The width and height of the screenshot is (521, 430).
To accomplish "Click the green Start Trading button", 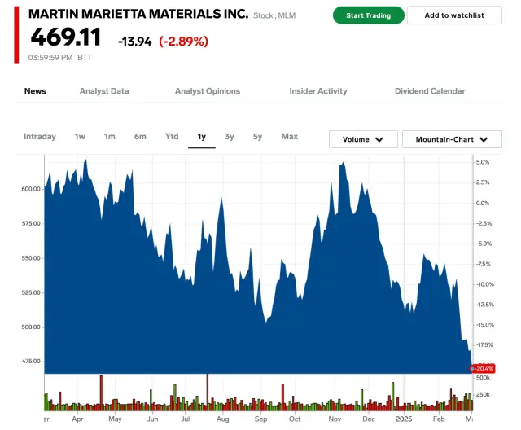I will (x=367, y=15).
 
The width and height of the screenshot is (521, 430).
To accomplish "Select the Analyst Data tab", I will (x=104, y=91).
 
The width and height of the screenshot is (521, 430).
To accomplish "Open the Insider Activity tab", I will (x=318, y=91).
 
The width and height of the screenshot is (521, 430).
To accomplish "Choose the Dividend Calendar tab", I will (x=430, y=91).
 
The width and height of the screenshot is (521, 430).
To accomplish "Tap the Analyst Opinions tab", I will (x=208, y=91).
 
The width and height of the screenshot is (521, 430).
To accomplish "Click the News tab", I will (x=35, y=91).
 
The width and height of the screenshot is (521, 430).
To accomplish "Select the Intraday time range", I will (x=40, y=137).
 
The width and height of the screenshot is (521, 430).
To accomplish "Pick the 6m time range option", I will (x=141, y=137).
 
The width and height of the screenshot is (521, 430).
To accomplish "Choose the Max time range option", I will (x=289, y=137).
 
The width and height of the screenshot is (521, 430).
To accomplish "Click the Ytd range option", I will (x=172, y=137).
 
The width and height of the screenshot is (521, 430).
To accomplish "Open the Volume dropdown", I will (x=363, y=139).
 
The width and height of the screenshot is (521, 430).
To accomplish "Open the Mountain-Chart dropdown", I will (x=452, y=139).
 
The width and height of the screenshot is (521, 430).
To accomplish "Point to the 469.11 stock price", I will (x=66, y=37).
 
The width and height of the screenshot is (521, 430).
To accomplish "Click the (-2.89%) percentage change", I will (x=183, y=41).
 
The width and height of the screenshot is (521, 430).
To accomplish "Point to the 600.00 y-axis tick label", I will (x=30, y=189).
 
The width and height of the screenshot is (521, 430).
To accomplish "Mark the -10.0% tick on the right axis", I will (x=484, y=284).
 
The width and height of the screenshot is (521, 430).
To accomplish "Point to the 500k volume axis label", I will (x=483, y=379).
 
